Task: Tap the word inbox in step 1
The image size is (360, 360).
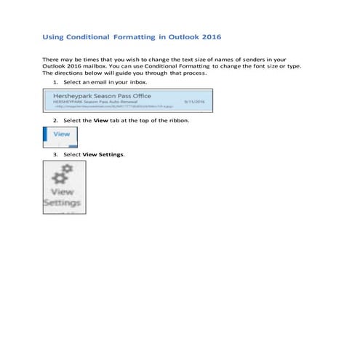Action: point(127,84)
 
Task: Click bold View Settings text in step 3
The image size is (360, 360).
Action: point(103,154)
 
